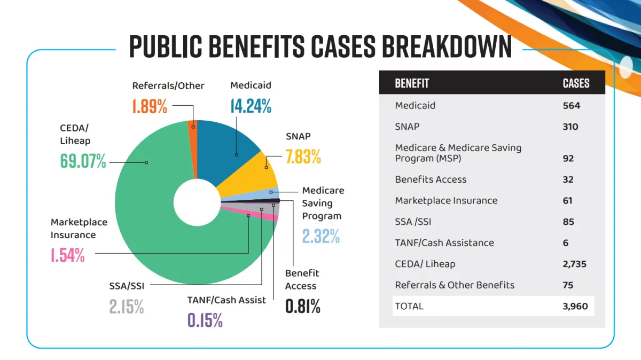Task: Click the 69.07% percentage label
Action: click(83, 161)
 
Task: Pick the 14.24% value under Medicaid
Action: click(251, 106)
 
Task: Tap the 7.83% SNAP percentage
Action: click(303, 156)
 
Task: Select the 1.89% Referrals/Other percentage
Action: click(150, 106)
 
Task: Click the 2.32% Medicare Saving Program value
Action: click(321, 236)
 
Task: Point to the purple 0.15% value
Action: click(205, 320)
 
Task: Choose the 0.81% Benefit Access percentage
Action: click(302, 306)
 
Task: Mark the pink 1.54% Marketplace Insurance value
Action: click(68, 255)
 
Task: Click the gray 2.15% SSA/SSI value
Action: click(127, 306)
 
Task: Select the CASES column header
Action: click(576, 83)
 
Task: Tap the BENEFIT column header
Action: click(412, 83)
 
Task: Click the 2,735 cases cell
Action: click(574, 264)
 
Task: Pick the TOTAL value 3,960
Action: click(575, 306)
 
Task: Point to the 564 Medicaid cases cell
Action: click(571, 105)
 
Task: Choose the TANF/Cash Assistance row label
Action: click(444, 242)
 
